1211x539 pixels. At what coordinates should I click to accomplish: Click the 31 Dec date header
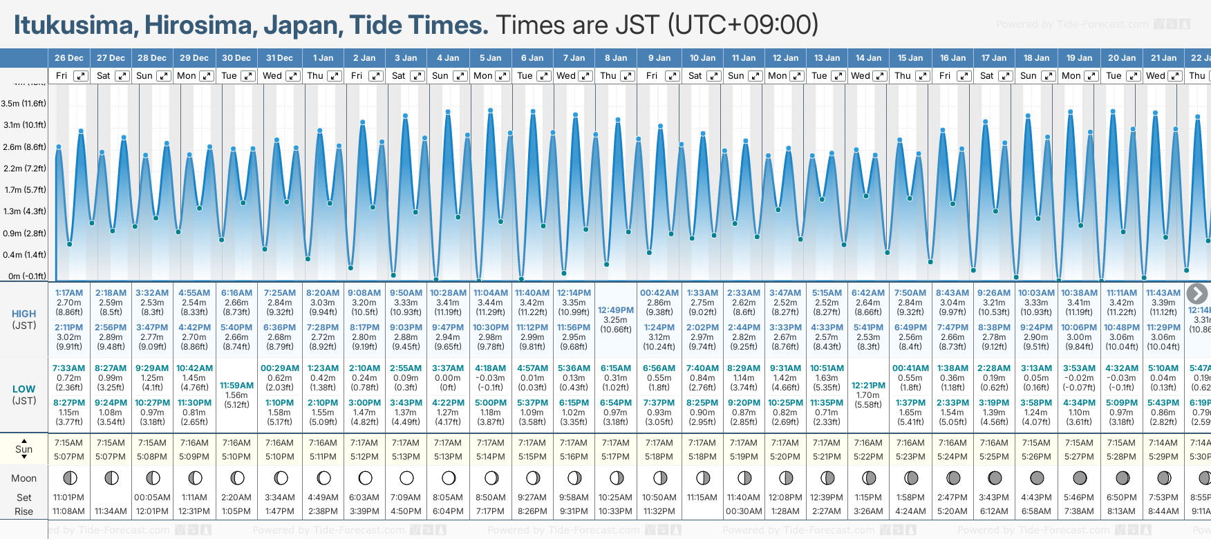pyautogui.click(x=279, y=58)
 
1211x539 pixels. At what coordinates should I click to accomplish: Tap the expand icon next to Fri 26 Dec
pyautogui.click(x=81, y=76)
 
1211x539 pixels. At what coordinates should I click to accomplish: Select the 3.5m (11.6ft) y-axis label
pyautogui.click(x=24, y=104)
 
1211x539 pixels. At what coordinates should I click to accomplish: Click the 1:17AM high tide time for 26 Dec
pyautogui.click(x=69, y=293)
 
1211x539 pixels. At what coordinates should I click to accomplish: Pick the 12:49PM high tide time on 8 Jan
pyautogui.click(x=615, y=310)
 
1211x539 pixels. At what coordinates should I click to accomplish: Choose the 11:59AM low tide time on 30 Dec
pyautogui.click(x=236, y=386)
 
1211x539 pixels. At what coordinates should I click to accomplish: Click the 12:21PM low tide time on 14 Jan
pyautogui.click(x=868, y=386)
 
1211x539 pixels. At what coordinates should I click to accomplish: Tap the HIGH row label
pyautogui.click(x=24, y=314)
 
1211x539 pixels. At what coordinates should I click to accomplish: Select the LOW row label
pyautogui.click(x=24, y=389)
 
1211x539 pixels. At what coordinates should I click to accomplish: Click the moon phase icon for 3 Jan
pyautogui.click(x=406, y=477)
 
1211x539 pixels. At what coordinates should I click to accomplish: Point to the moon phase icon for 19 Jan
pyautogui.click(x=1080, y=477)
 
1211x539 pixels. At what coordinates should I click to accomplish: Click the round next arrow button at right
pyautogui.click(x=1197, y=294)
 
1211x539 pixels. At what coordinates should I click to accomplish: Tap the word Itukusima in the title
pyautogui.click(x=73, y=25)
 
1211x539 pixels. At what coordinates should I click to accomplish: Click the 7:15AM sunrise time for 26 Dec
pyautogui.click(x=68, y=443)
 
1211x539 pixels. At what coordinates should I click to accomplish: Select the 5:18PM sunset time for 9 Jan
pyautogui.click(x=659, y=457)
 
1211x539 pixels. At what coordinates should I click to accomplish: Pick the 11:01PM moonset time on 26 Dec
pyautogui.click(x=68, y=498)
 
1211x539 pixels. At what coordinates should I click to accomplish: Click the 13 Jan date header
pyautogui.click(x=827, y=58)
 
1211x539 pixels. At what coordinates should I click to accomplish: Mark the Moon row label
pyautogui.click(x=24, y=478)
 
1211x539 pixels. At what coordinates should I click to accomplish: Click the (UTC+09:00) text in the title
pyautogui.click(x=743, y=25)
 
